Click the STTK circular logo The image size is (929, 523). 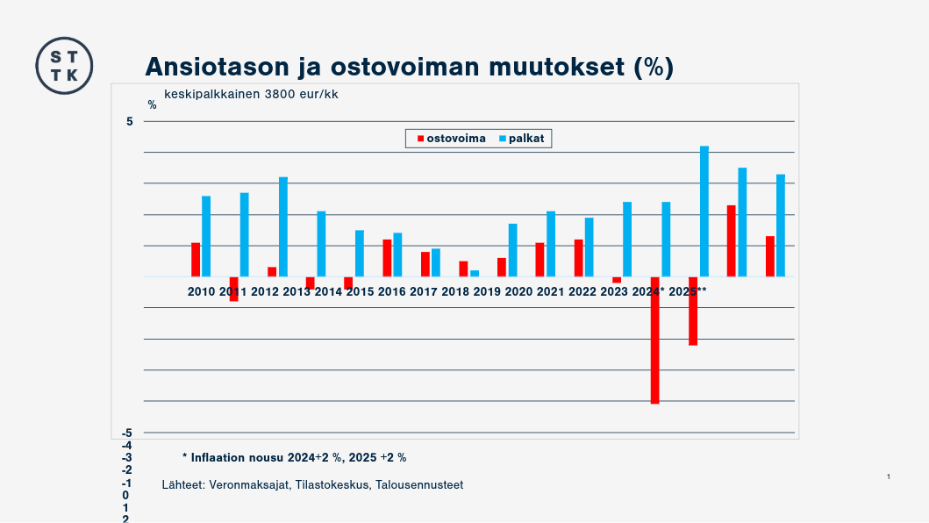pyautogui.click(x=64, y=66)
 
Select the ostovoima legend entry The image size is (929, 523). pyautogui.click(x=450, y=139)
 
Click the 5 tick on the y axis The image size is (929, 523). pyautogui.click(x=129, y=121)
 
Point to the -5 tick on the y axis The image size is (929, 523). pyautogui.click(x=127, y=433)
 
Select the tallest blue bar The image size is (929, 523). pyautogui.click(x=704, y=211)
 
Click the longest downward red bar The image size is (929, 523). pyautogui.click(x=654, y=340)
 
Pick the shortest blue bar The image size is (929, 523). pyautogui.click(x=475, y=273)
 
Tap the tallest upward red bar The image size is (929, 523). pyautogui.click(x=731, y=240)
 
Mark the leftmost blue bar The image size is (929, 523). pyautogui.click(x=206, y=236)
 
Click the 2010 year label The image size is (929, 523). pyautogui.click(x=201, y=291)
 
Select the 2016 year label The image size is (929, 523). pyautogui.click(x=391, y=291)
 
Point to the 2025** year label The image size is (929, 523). pyautogui.click(x=688, y=291)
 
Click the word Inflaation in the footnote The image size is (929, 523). pyautogui.click(x=219, y=457)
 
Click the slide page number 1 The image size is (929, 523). pyautogui.click(x=888, y=476)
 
